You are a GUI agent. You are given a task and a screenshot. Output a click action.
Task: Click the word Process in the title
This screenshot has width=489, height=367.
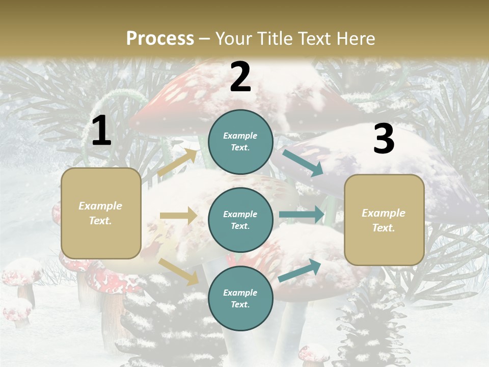click(160, 38)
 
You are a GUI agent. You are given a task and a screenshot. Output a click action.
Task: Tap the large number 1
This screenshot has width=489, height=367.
click(101, 131)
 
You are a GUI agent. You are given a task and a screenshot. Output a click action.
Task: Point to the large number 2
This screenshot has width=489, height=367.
click(240, 77)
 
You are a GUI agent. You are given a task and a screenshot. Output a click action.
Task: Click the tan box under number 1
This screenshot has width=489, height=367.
click(101, 213)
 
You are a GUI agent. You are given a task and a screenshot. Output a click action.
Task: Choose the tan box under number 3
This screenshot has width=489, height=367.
click(384, 220)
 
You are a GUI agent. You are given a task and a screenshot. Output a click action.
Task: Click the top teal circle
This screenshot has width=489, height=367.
click(240, 141)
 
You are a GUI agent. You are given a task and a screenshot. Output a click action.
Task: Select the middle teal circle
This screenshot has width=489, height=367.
click(240, 220)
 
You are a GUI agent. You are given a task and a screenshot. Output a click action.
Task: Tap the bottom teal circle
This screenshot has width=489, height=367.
click(240, 298)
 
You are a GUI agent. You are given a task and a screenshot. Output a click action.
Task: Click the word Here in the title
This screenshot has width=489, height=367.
click(356, 38)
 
